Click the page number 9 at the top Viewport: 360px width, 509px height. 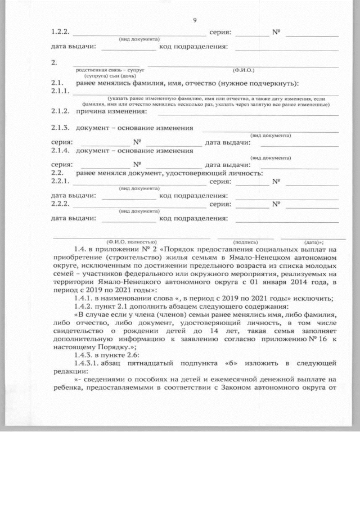point(194,21)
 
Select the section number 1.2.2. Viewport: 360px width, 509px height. point(60,33)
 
